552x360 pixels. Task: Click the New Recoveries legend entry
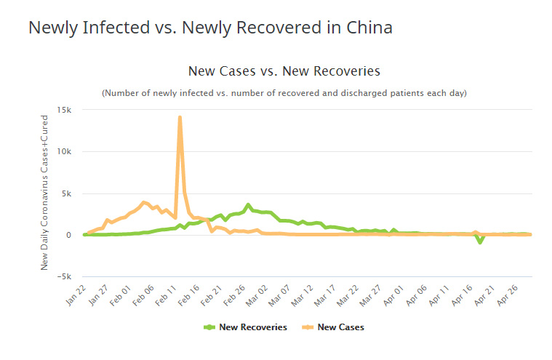click(x=247, y=327)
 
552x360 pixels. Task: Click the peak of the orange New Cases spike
click(x=180, y=117)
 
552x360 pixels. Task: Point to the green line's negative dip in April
click(x=480, y=242)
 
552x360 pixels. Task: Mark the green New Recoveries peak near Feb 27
click(x=249, y=204)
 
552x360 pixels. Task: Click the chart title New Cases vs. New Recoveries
click(x=284, y=71)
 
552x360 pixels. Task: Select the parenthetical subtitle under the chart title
click(x=284, y=93)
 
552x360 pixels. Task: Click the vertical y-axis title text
click(x=44, y=192)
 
